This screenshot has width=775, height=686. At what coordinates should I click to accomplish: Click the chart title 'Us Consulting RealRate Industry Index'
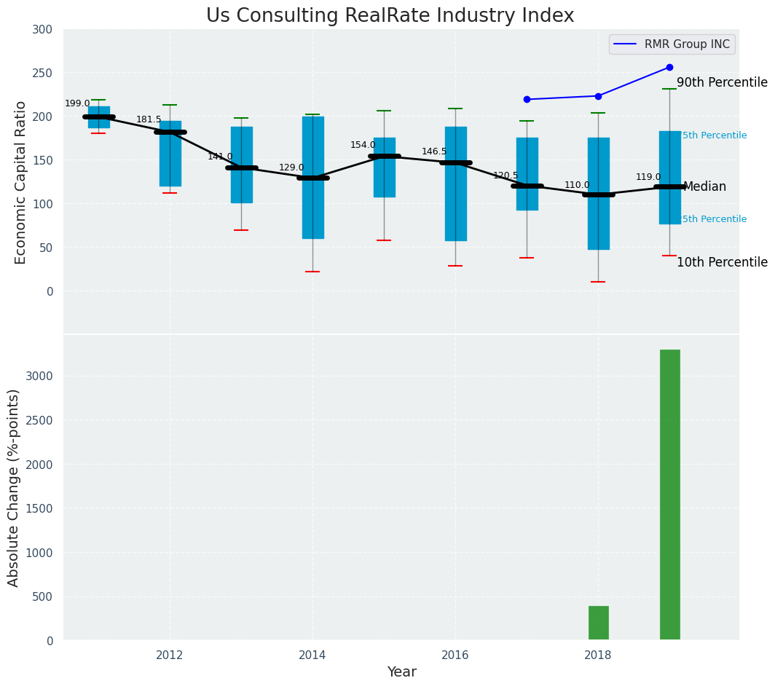[390, 16]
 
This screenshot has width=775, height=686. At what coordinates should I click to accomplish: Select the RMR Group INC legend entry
[672, 44]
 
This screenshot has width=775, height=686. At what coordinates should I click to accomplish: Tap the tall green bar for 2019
[669, 494]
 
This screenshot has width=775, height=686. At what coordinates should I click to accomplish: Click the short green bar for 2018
[598, 623]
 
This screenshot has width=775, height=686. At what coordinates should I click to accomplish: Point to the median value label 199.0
[77, 104]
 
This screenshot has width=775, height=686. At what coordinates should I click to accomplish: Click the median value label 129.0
[291, 168]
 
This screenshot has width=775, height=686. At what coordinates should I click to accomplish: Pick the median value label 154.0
[363, 146]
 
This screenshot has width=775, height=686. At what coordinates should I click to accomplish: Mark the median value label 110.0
[577, 186]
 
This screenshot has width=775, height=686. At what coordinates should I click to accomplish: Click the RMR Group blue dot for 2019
[669, 68]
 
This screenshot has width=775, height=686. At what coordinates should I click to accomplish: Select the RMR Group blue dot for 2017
[527, 100]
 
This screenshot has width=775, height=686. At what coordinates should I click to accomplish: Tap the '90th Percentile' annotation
[722, 83]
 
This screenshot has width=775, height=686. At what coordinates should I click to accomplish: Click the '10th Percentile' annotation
[722, 263]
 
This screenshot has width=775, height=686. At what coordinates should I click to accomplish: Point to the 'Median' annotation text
[704, 187]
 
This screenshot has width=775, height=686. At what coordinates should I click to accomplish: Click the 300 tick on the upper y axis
[42, 30]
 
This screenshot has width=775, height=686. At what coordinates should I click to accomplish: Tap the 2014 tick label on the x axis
[312, 655]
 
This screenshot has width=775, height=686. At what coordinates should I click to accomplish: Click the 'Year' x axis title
[401, 672]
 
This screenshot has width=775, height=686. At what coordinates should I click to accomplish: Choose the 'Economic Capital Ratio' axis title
[21, 182]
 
